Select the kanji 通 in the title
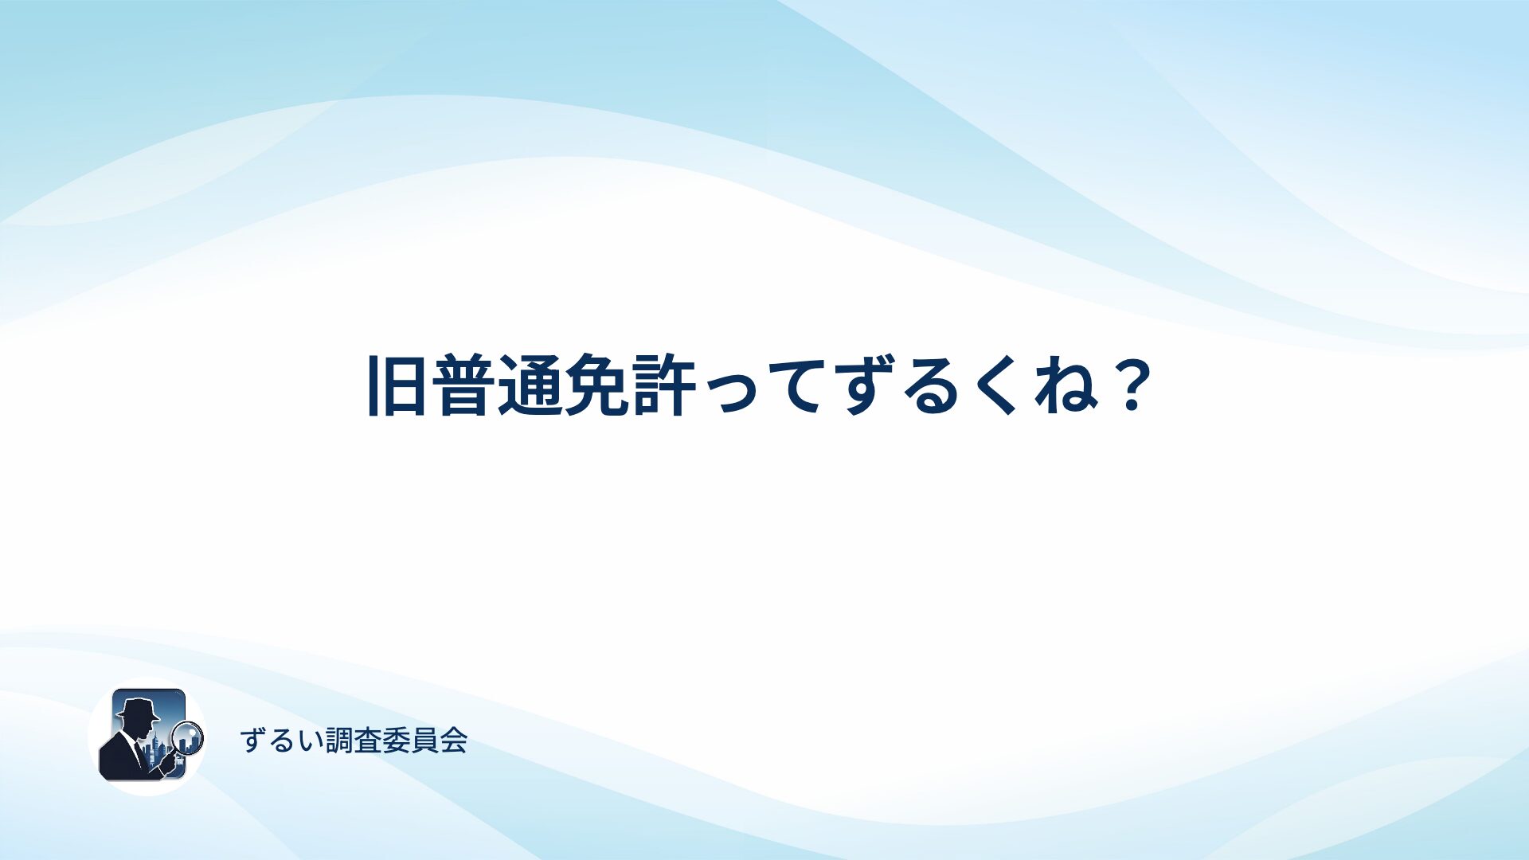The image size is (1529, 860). point(529,385)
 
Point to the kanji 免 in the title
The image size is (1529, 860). point(596,385)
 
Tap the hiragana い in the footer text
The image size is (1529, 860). point(309,741)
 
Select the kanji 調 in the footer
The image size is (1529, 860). point(339,741)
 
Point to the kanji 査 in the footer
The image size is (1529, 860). point(368,741)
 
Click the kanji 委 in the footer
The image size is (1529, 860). point(397,741)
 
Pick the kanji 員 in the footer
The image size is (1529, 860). point(425,741)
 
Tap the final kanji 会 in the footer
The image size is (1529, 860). point(454,741)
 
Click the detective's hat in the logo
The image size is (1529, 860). point(137,708)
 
